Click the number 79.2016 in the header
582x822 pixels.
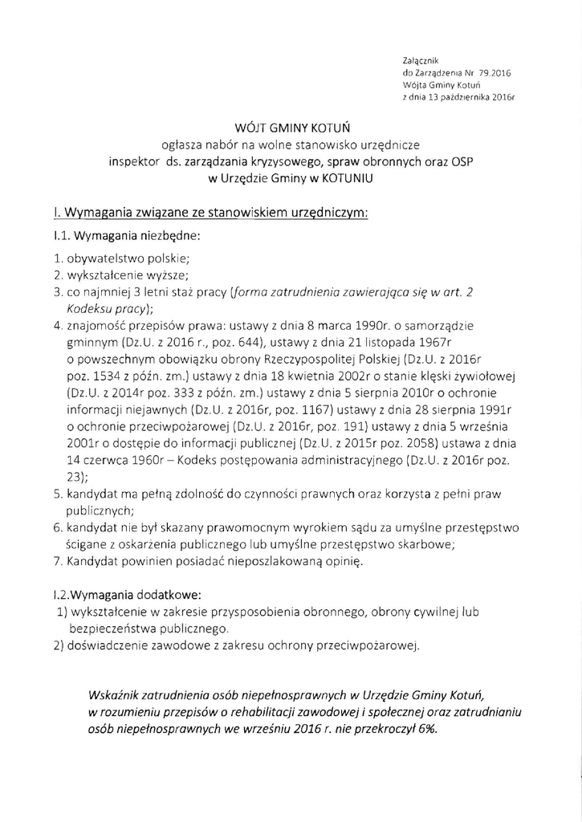(x=494, y=72)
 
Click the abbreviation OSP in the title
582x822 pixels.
(x=461, y=163)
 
